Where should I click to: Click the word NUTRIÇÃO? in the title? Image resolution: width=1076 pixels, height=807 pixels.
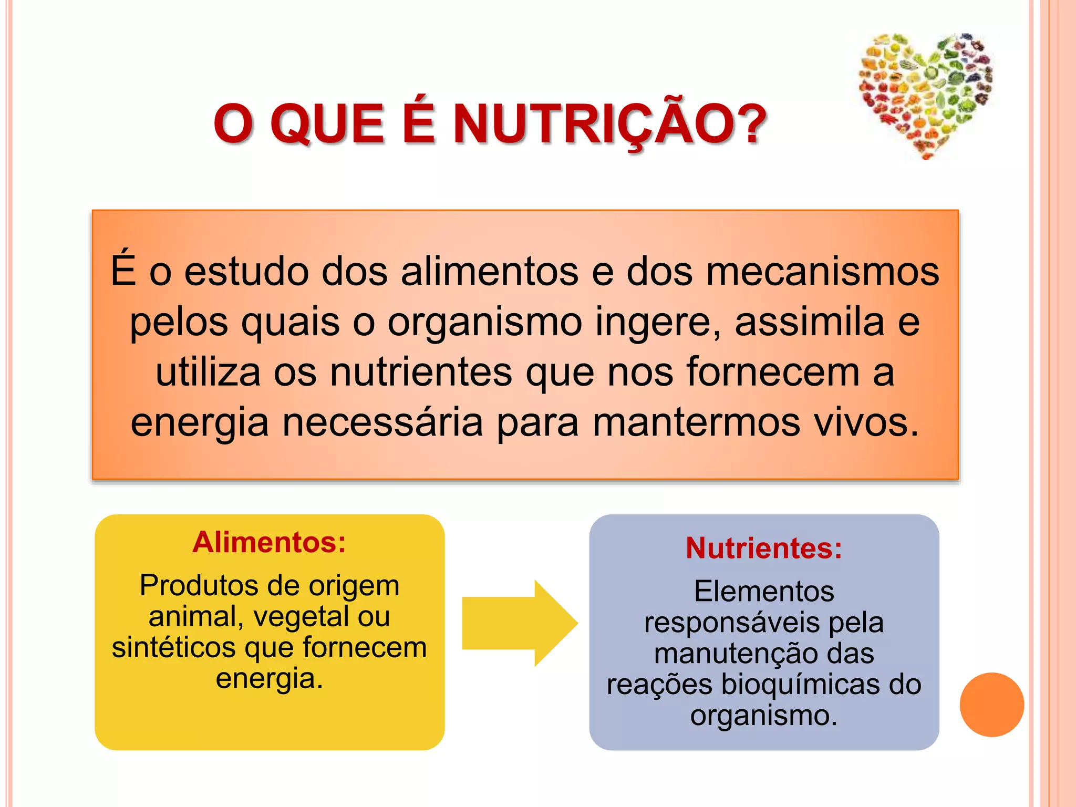[609, 124]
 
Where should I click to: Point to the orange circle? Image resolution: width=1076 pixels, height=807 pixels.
[991, 705]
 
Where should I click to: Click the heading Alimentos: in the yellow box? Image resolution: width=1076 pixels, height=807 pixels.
[269, 542]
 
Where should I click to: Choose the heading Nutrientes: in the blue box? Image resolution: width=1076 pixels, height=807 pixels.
[764, 549]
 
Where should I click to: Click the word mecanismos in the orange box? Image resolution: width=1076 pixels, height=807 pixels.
[822, 272]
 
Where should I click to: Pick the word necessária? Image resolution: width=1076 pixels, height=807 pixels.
[382, 422]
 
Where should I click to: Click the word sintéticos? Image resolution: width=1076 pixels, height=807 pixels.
[173, 647]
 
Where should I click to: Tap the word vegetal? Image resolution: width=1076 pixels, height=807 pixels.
[301, 616]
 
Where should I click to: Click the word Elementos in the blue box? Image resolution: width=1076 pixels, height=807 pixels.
[764, 592]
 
